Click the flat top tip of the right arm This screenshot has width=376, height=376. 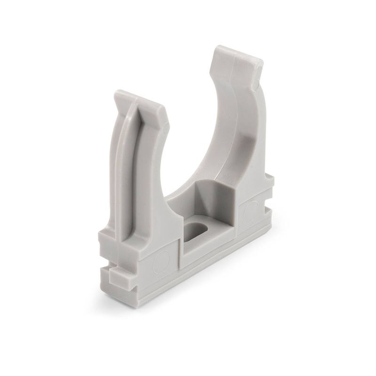(x=235, y=53)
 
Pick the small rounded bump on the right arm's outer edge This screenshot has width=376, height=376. (x=258, y=70)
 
